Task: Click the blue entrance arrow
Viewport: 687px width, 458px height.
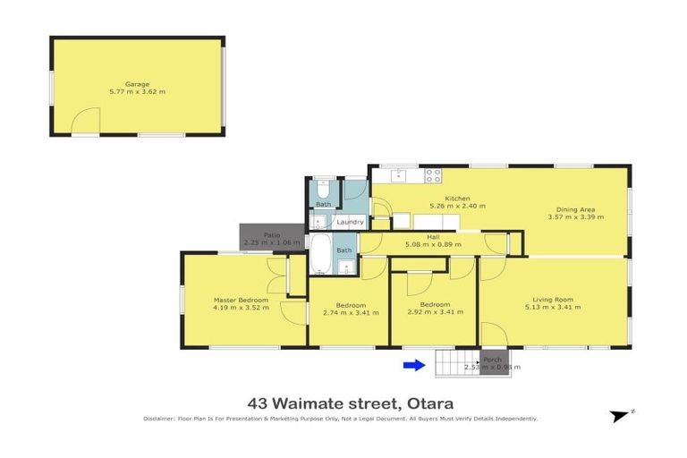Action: coord(413,364)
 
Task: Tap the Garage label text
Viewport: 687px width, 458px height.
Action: coord(137,84)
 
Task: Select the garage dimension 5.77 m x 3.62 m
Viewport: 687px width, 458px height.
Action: coord(137,91)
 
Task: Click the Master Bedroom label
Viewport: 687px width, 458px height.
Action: coord(241,300)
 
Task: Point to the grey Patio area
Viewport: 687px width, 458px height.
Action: coord(260,237)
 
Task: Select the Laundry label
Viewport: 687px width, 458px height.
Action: coord(350,222)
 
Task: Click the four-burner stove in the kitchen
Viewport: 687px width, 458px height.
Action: coord(434,175)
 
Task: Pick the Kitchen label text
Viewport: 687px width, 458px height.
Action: coord(458,199)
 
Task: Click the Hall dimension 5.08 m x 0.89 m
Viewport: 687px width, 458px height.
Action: coord(432,243)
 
